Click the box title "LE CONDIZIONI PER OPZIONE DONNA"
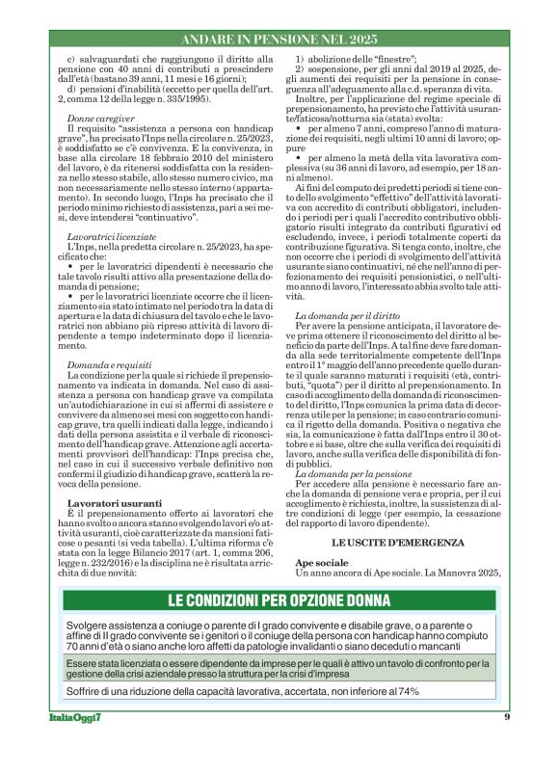pyautogui.click(x=280, y=600)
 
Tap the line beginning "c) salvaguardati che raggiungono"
pyautogui.click(x=164, y=61)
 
